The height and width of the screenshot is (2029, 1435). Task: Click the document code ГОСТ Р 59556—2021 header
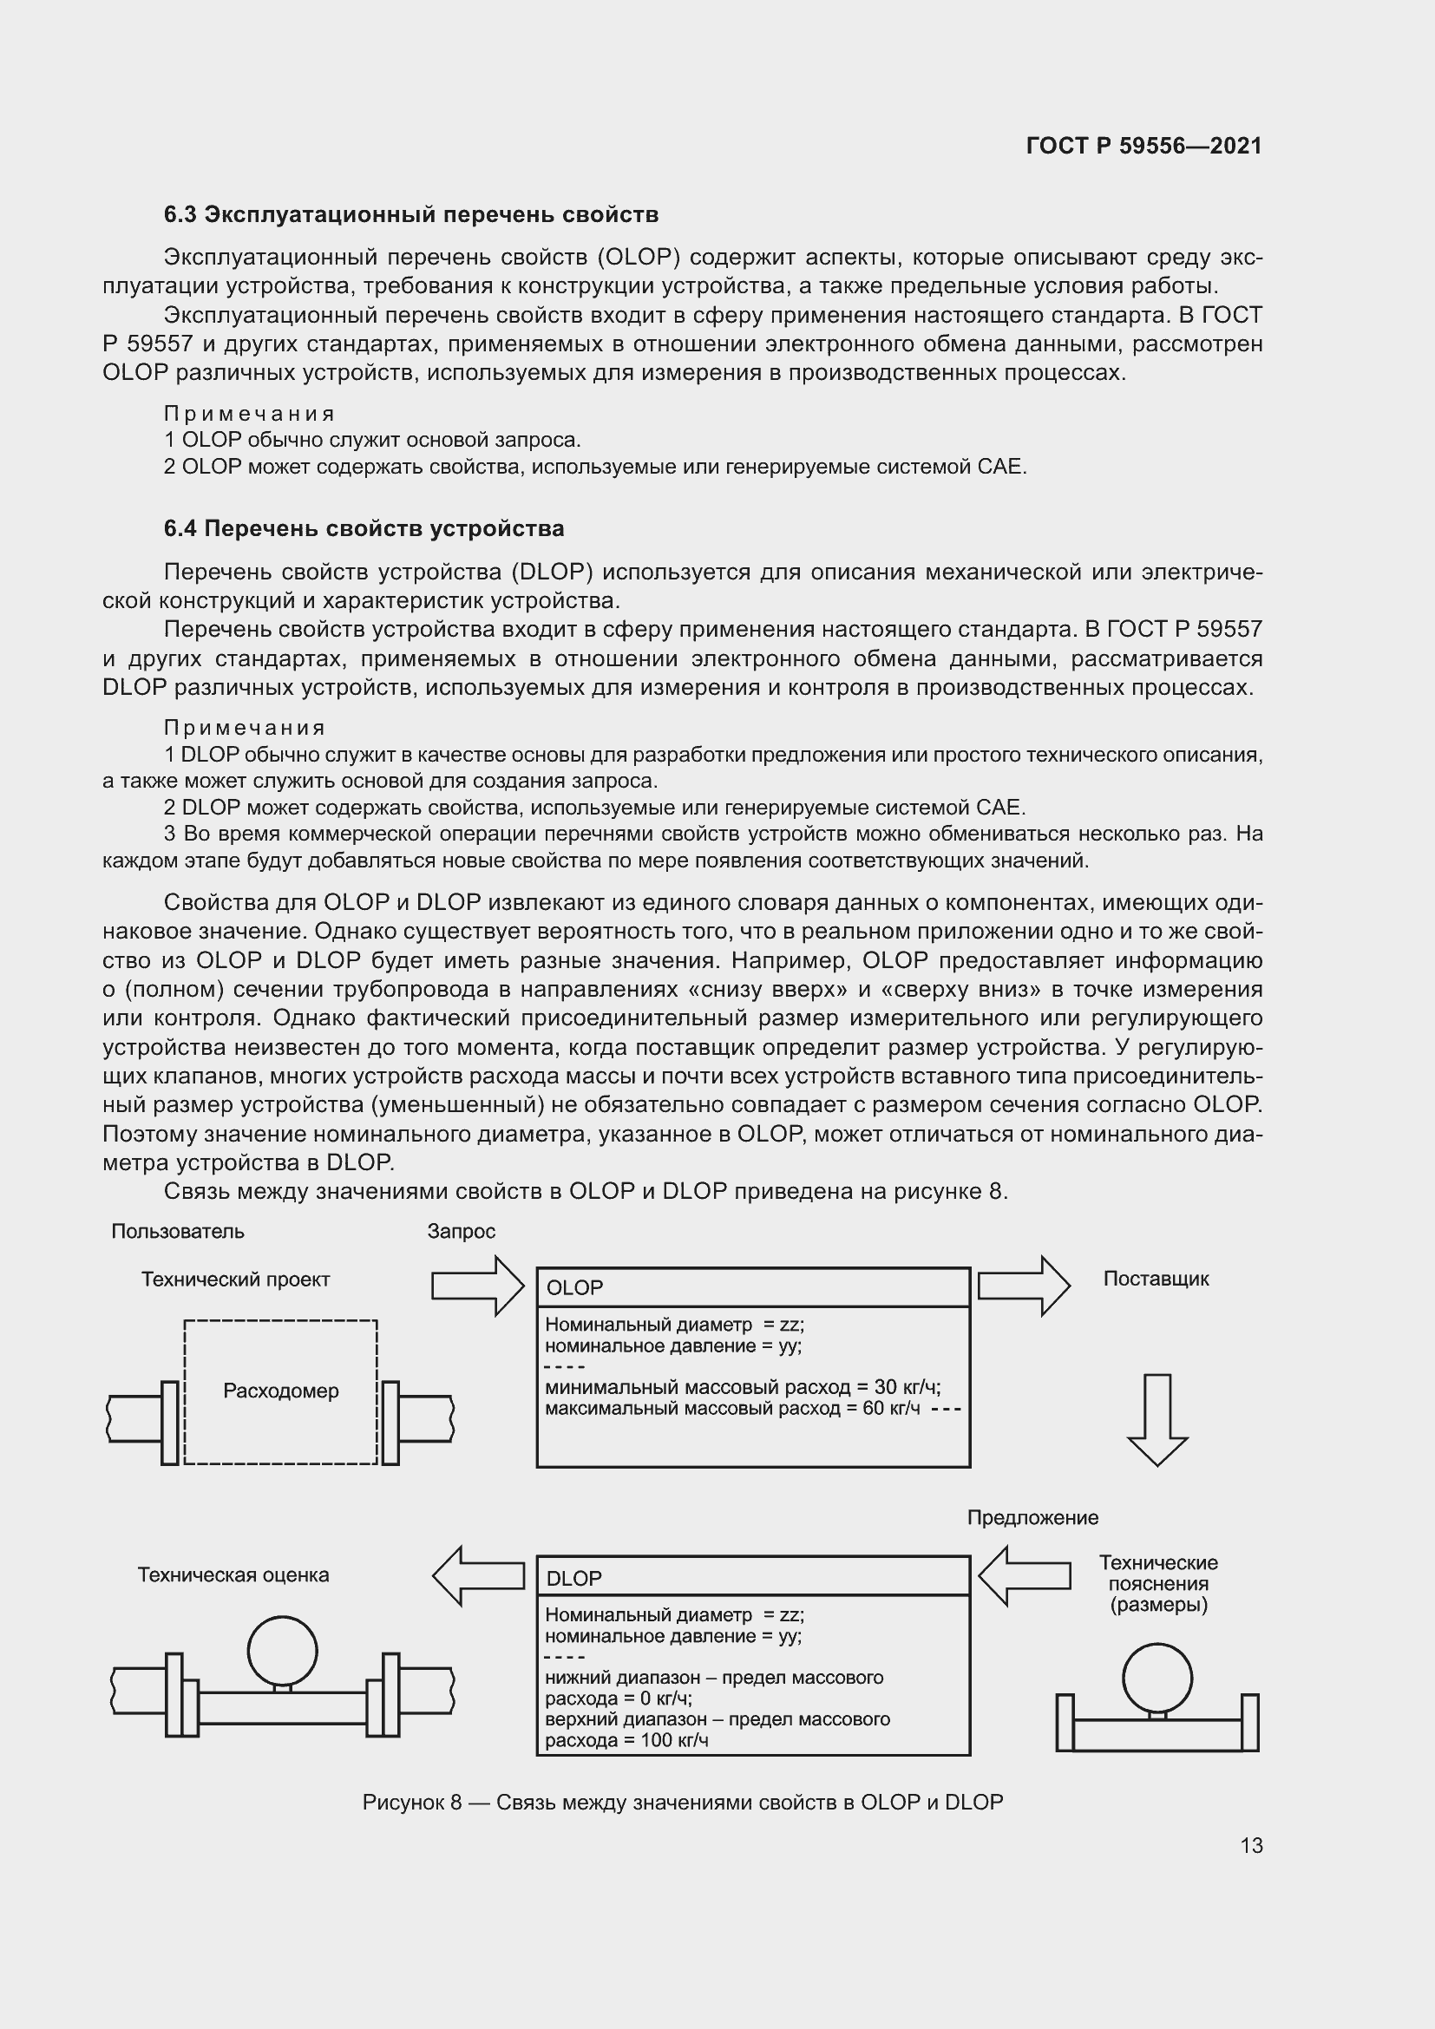click(1143, 146)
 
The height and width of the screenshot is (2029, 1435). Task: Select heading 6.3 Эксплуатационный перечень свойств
click(411, 215)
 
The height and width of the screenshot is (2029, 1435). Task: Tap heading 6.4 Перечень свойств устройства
click(364, 528)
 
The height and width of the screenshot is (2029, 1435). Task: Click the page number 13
click(1251, 1845)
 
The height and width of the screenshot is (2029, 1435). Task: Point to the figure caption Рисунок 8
click(682, 1802)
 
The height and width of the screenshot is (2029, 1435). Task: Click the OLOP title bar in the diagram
click(753, 1287)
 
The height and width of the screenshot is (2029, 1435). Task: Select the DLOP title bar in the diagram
click(753, 1578)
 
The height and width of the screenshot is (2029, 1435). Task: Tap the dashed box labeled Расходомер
click(280, 1391)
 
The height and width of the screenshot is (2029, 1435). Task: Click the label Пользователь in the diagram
click(178, 1231)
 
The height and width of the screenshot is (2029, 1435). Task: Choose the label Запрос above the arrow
click(462, 1231)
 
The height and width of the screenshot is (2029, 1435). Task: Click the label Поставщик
click(1156, 1279)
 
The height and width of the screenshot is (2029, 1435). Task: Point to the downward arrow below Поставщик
click(1157, 1419)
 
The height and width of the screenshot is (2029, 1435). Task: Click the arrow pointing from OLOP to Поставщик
click(1023, 1286)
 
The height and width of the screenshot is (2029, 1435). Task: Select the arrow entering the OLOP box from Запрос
click(478, 1286)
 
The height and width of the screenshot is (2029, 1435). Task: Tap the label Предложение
click(1032, 1517)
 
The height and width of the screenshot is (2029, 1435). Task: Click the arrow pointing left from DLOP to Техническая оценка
click(478, 1575)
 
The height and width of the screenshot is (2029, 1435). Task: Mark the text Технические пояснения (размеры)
click(1157, 1584)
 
